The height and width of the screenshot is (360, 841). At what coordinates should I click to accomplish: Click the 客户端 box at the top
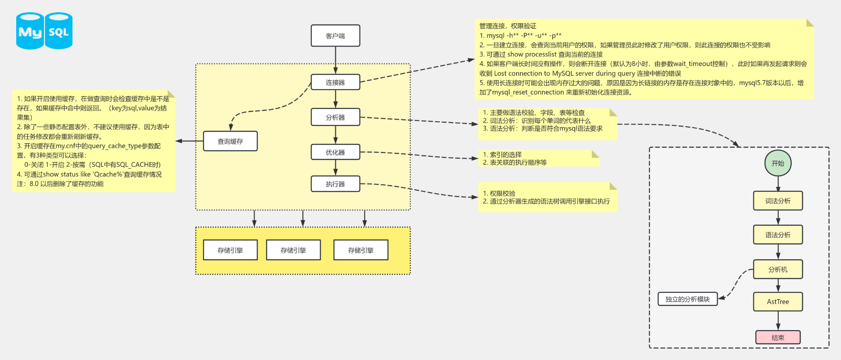335,35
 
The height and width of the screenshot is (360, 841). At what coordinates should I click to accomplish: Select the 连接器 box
335,82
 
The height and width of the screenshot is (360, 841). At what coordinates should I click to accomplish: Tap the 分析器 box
335,117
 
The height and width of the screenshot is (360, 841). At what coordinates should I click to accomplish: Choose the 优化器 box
335,152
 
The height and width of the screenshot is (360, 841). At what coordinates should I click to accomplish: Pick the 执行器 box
335,184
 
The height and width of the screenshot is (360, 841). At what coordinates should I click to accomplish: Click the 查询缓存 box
230,141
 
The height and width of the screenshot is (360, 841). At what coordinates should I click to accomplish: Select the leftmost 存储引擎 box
230,250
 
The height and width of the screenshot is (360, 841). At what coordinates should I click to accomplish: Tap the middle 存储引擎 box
293,250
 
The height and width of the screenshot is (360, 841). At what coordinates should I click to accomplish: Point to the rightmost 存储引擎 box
360,250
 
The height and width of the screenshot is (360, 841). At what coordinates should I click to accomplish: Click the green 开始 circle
777,163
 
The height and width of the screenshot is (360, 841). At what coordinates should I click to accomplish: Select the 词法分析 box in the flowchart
777,201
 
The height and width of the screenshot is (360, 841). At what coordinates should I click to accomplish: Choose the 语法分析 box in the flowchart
777,235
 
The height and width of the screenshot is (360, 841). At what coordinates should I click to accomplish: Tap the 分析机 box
777,269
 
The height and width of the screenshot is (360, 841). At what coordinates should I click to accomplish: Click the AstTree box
777,301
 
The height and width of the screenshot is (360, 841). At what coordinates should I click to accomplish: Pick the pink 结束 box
777,337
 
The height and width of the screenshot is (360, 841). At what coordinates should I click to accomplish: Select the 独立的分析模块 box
687,299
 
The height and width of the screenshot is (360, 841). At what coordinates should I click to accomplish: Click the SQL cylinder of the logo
59,31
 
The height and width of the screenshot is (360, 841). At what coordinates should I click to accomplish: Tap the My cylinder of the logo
30,31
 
